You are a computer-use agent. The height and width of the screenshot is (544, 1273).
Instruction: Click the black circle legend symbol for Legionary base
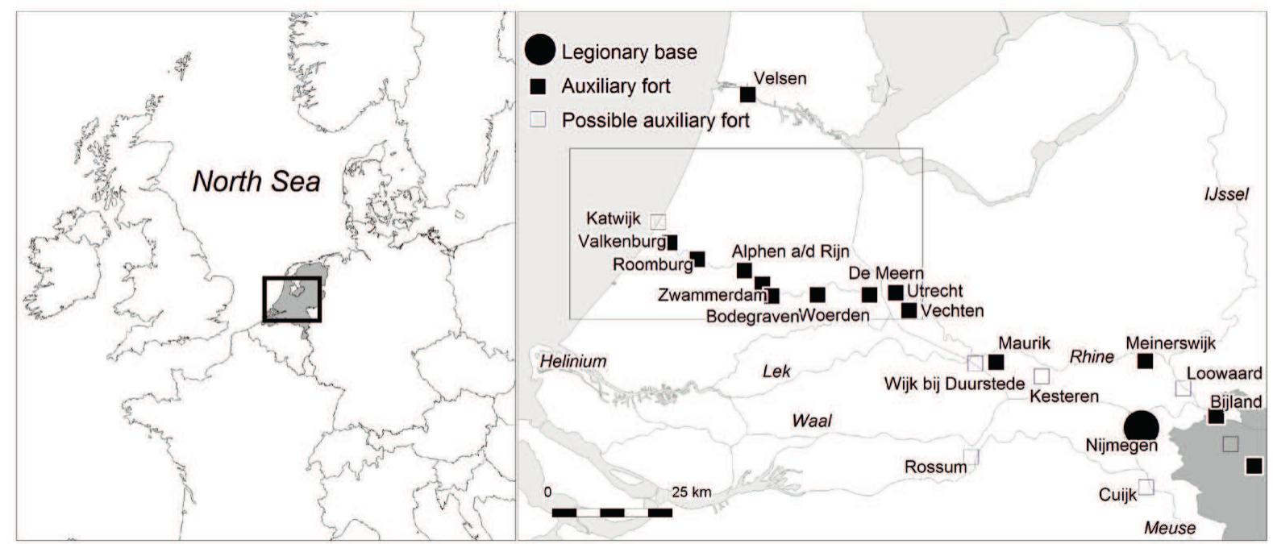click(539, 50)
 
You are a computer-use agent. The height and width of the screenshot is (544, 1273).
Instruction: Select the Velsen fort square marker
click(748, 94)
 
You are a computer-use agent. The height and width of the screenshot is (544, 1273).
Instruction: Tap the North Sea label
click(256, 181)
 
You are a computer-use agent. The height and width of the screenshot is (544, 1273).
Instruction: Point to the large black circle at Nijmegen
click(1142, 426)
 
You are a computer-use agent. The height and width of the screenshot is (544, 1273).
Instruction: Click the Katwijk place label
click(614, 218)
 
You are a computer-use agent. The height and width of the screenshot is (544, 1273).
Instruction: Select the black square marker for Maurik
click(996, 362)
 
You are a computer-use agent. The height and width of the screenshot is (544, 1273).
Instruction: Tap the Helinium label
click(573, 360)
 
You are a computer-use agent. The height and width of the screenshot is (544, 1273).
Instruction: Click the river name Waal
click(811, 420)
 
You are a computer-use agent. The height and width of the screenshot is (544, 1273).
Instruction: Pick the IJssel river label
click(1225, 194)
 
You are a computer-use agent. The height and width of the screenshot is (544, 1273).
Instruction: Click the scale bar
click(612, 513)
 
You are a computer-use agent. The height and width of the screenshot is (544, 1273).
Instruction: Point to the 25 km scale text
click(692, 492)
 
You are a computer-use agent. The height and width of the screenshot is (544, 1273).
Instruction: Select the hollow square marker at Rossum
click(971, 457)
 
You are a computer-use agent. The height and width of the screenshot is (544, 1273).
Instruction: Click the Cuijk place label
click(1117, 495)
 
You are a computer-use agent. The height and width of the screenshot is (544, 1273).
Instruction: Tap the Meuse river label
click(1170, 528)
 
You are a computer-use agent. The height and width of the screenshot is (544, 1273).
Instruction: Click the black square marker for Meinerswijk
click(1145, 361)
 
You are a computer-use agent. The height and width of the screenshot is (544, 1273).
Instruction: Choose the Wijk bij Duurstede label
click(954, 384)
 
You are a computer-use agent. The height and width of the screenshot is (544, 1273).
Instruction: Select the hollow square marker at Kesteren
click(1042, 376)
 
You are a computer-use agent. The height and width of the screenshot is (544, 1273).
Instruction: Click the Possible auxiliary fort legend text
click(655, 120)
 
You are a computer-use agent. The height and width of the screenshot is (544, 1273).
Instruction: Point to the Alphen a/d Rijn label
click(790, 251)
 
